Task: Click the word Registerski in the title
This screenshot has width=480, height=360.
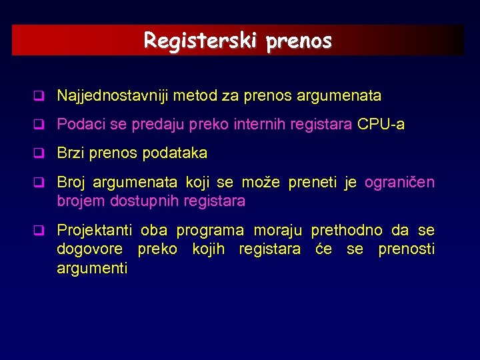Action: tap(202, 41)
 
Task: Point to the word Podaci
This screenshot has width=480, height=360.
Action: tap(80, 125)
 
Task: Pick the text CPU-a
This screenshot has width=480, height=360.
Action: tap(381, 125)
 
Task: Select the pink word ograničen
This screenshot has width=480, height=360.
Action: tap(399, 183)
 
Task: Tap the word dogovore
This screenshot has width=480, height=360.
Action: tap(90, 249)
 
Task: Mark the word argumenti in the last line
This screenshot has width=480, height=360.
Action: tap(92, 268)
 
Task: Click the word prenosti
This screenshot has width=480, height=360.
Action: tap(406, 249)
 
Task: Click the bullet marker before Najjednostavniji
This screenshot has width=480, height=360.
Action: tap(40, 97)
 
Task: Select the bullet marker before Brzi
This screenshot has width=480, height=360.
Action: tap(40, 154)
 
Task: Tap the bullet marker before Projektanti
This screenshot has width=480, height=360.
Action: tap(40, 231)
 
